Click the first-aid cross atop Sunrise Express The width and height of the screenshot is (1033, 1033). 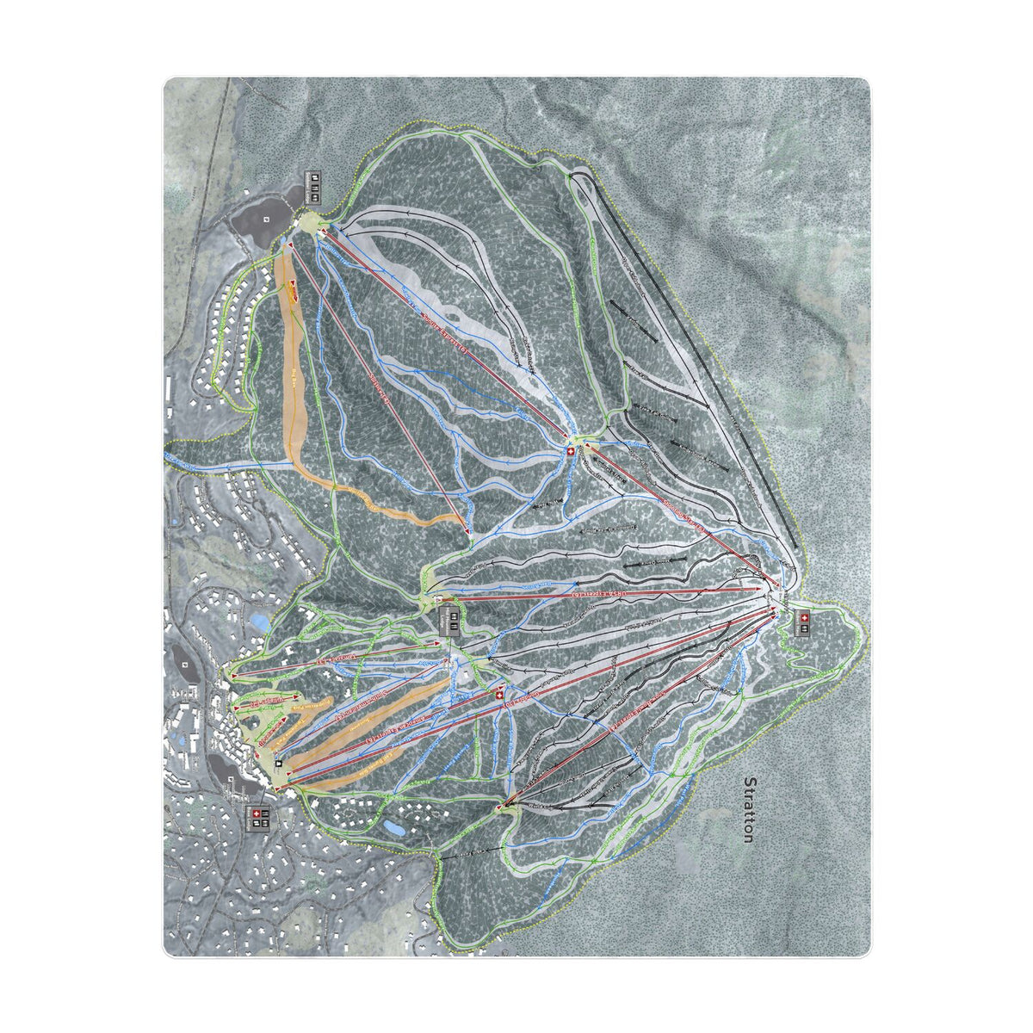[570, 451]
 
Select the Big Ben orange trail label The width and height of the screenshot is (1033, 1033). [301, 379]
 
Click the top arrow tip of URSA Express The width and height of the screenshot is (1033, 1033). [771, 589]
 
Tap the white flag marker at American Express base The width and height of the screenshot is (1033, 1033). [278, 763]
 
